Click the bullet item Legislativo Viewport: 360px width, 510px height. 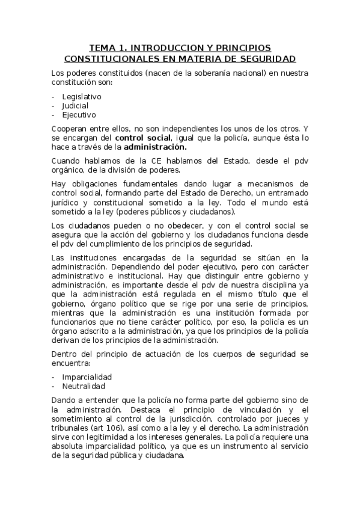click(82, 96)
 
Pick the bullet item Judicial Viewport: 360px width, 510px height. click(75, 105)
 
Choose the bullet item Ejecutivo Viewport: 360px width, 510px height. click(79, 114)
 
